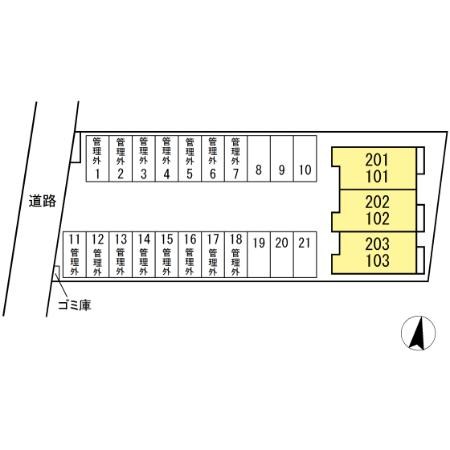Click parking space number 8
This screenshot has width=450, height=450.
coord(259,159)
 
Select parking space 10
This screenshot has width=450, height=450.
coord(305,159)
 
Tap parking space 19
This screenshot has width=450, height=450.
coord(259,254)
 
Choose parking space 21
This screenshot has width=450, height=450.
coord(305,254)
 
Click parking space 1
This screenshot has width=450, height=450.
coord(97,159)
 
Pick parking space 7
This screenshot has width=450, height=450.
coord(236,159)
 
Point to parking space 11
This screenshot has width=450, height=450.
coord(75,254)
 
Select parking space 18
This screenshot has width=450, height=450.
coord(236,254)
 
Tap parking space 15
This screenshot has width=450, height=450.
coord(167,254)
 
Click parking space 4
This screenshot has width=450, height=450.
coord(167,159)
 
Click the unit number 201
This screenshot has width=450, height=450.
coord(377,160)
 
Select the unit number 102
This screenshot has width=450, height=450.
coord(377,219)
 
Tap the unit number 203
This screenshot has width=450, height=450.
coord(377,244)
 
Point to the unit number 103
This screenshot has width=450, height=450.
coord(377,261)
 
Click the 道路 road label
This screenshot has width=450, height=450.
coord(42,201)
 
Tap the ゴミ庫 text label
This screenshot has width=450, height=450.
coord(74,305)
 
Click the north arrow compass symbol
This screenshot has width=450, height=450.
coord(418,333)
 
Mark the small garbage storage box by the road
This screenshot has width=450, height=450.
coord(57,271)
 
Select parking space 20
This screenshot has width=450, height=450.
coord(282,254)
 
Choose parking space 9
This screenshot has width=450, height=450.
coord(282,159)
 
